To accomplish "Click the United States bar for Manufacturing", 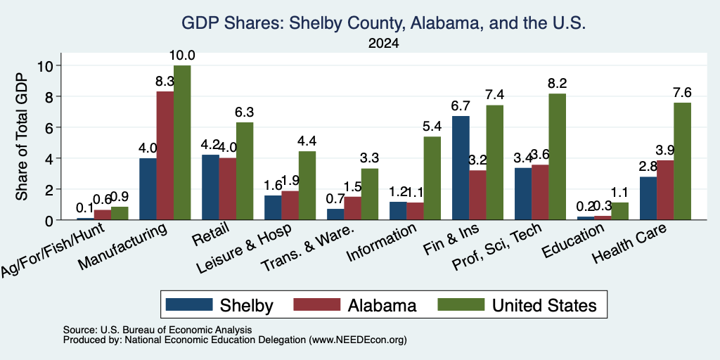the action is [x=182, y=143].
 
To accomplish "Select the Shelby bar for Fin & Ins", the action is [x=461, y=168].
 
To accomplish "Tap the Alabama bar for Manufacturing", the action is [x=165, y=155].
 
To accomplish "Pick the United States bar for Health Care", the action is [x=682, y=161].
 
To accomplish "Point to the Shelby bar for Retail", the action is [x=210, y=187].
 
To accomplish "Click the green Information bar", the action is [x=432, y=178].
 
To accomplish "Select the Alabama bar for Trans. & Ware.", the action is [x=353, y=208].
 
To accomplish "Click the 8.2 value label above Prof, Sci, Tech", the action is [x=557, y=84].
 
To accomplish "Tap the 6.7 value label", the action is [x=461, y=106].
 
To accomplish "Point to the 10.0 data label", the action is [x=182, y=56].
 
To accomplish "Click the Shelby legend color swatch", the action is [x=189, y=304].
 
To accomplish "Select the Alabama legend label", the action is [x=382, y=305].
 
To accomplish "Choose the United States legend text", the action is [x=544, y=305].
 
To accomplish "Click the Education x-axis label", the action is [x=573, y=240].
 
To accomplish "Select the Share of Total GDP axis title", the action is [x=22, y=136].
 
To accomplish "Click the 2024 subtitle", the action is [x=383, y=44].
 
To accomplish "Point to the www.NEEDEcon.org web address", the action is [x=358, y=340].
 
